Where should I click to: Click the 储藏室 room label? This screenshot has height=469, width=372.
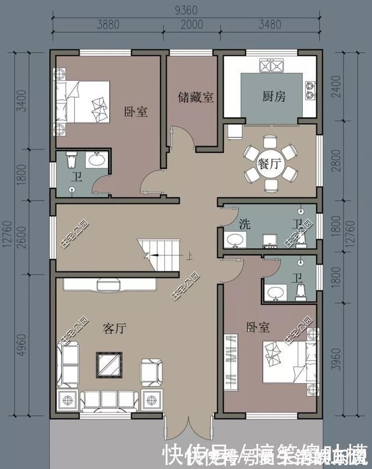coord(195,97)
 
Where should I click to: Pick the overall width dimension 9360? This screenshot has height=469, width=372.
coord(187,10)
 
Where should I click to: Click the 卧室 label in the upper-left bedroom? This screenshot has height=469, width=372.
coord(135,112)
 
